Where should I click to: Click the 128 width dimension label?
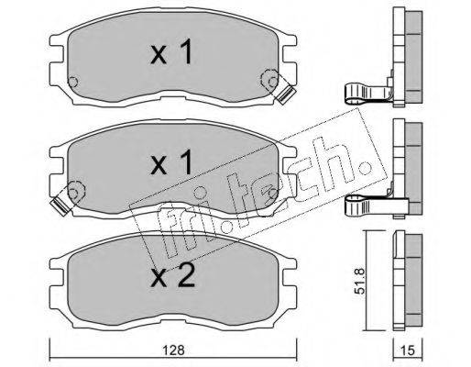coord(173,350)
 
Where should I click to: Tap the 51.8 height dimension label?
coord(361,281)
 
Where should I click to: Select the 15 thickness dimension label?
coord(408,350)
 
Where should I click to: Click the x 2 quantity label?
coord(172,276)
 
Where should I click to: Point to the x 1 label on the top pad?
coord(171,51)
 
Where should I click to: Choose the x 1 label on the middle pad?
coord(171,162)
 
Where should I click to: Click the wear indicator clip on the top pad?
coord(285,95)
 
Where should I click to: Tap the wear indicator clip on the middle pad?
coord(61,206)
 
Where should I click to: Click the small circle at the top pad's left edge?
coord(73,82)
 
